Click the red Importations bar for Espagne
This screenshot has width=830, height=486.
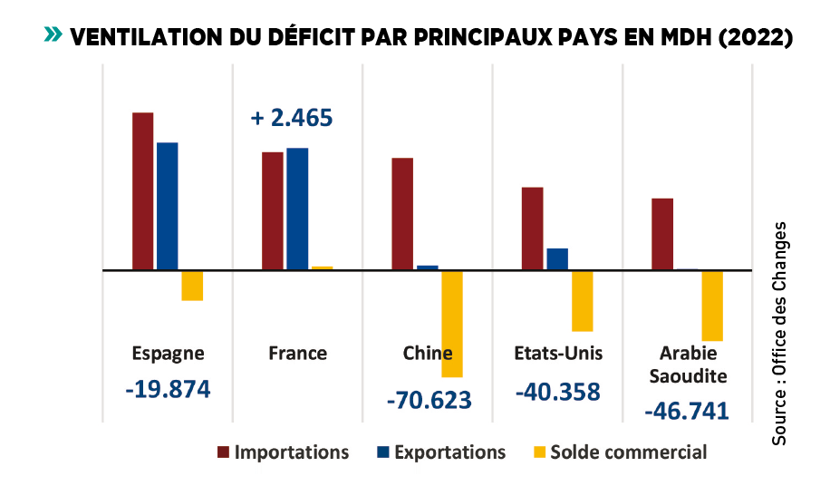pyautogui.click(x=143, y=191)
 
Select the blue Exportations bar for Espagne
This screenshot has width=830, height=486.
pyautogui.click(x=168, y=206)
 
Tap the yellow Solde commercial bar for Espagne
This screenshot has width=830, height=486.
pyautogui.click(x=192, y=286)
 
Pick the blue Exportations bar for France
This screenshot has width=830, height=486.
pyautogui.click(x=297, y=209)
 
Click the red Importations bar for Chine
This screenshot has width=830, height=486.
pyautogui.click(x=402, y=214)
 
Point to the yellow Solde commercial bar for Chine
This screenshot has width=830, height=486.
pyautogui.click(x=452, y=324)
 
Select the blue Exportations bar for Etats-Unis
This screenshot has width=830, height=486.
pyautogui.click(x=557, y=259)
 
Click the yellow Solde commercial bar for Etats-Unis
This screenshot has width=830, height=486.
pyautogui.click(x=582, y=301)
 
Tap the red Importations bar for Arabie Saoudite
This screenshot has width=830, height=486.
pyautogui.click(x=662, y=234)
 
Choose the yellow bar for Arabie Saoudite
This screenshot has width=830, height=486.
pyautogui.click(x=712, y=306)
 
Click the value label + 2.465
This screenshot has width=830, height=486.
pyautogui.click(x=291, y=118)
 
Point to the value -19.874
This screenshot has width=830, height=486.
pyautogui.click(x=169, y=389)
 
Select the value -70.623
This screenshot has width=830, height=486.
pyautogui.click(x=429, y=400)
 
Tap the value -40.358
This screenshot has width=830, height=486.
pyautogui.click(x=557, y=392)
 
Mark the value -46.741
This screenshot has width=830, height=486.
pyautogui.click(x=687, y=411)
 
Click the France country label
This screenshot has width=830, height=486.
pyautogui.click(x=297, y=353)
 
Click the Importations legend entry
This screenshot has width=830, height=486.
pyautogui.click(x=282, y=452)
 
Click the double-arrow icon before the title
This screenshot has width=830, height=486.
pyautogui.click(x=53, y=34)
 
